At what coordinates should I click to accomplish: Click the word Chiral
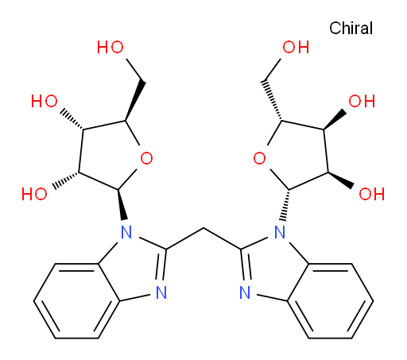point(351,28)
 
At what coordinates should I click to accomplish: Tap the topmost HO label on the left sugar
point(110,47)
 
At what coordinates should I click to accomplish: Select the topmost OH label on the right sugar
point(296,47)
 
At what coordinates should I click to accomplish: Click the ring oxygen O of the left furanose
point(146,158)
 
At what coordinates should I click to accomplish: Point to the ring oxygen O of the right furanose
point(259,158)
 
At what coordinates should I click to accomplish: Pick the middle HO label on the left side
point(45,101)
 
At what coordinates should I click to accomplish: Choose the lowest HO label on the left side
point(34,194)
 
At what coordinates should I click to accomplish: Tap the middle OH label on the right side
point(362,101)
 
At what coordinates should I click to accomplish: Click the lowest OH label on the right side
point(372,194)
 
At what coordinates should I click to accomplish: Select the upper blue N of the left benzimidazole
point(126,232)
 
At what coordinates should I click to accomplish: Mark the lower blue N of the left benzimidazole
point(161,292)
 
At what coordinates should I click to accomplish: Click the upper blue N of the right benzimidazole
point(280,232)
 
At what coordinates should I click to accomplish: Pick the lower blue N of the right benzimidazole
point(245,292)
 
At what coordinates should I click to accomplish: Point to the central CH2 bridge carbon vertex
point(203,228)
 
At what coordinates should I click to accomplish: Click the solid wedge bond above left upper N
point(122,204)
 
